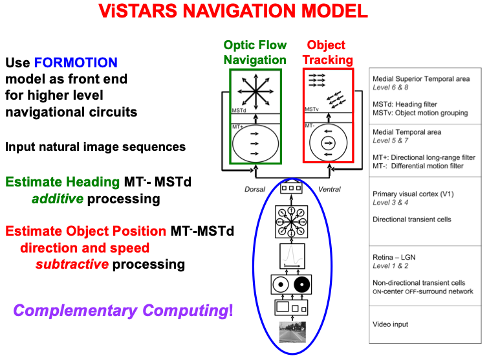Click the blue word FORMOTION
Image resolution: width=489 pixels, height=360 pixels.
[x=76, y=63]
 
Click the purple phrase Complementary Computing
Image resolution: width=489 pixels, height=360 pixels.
[x=120, y=310]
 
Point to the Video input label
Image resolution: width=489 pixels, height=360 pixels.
[x=390, y=324]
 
